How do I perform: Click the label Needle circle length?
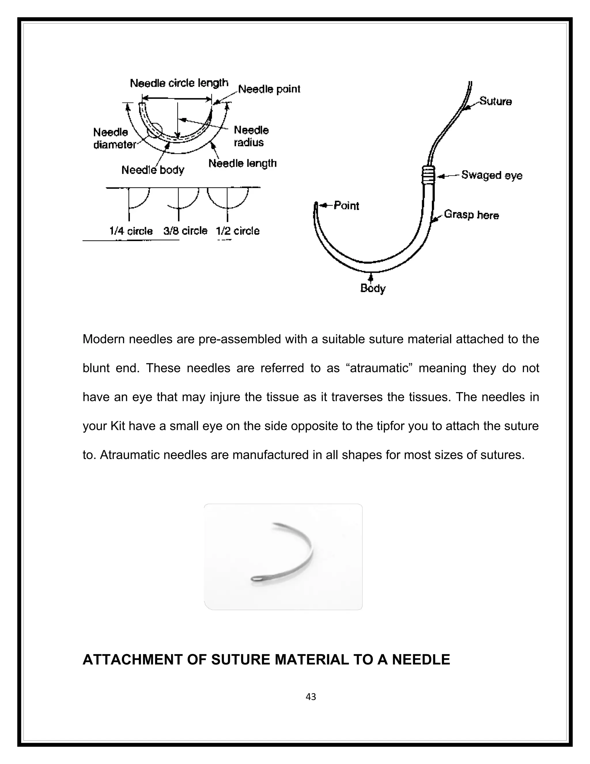tap(179, 83)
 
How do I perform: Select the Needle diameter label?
tap(114, 138)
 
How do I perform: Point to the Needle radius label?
tap(251, 136)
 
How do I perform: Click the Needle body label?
tap(153, 170)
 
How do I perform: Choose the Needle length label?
tap(242, 163)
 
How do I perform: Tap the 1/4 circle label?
tap(131, 231)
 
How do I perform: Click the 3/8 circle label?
tap(185, 231)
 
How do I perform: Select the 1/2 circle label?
tap(238, 231)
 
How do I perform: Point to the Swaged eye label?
tap(491, 175)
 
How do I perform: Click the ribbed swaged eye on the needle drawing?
tap(427, 174)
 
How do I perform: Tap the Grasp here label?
tap(471, 215)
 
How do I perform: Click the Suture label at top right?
tap(495, 101)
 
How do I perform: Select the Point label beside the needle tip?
tap(346, 206)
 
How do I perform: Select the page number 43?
tap(311, 697)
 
